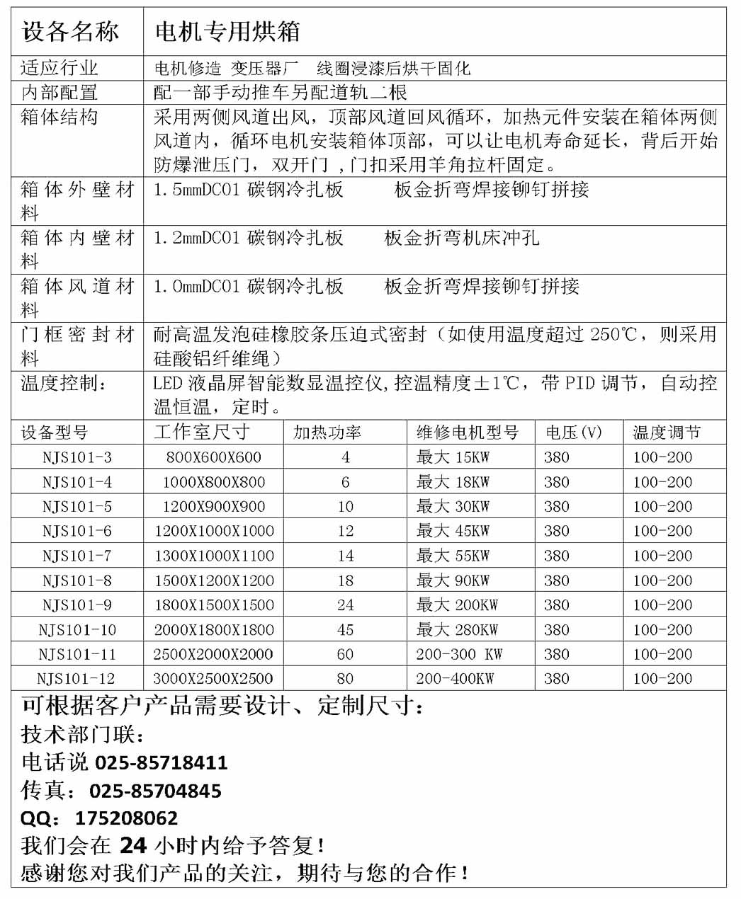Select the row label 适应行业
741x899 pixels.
click(x=60, y=68)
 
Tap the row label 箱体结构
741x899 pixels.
click(x=60, y=117)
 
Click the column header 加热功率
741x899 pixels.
click(x=327, y=432)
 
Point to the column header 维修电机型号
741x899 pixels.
click(x=468, y=432)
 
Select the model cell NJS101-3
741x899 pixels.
click(x=77, y=457)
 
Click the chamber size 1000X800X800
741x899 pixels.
click(x=213, y=482)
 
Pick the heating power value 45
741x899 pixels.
click(x=345, y=629)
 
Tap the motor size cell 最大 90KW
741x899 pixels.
click(x=453, y=580)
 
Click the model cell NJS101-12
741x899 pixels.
click(x=76, y=679)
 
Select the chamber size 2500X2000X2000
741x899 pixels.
click(x=213, y=654)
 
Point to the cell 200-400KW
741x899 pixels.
click(x=455, y=679)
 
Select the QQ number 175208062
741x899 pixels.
click(x=127, y=818)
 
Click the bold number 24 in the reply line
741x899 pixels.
click(x=133, y=845)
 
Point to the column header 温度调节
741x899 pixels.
click(x=666, y=432)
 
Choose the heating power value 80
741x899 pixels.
click(x=345, y=679)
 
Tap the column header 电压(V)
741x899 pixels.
click(x=573, y=432)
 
